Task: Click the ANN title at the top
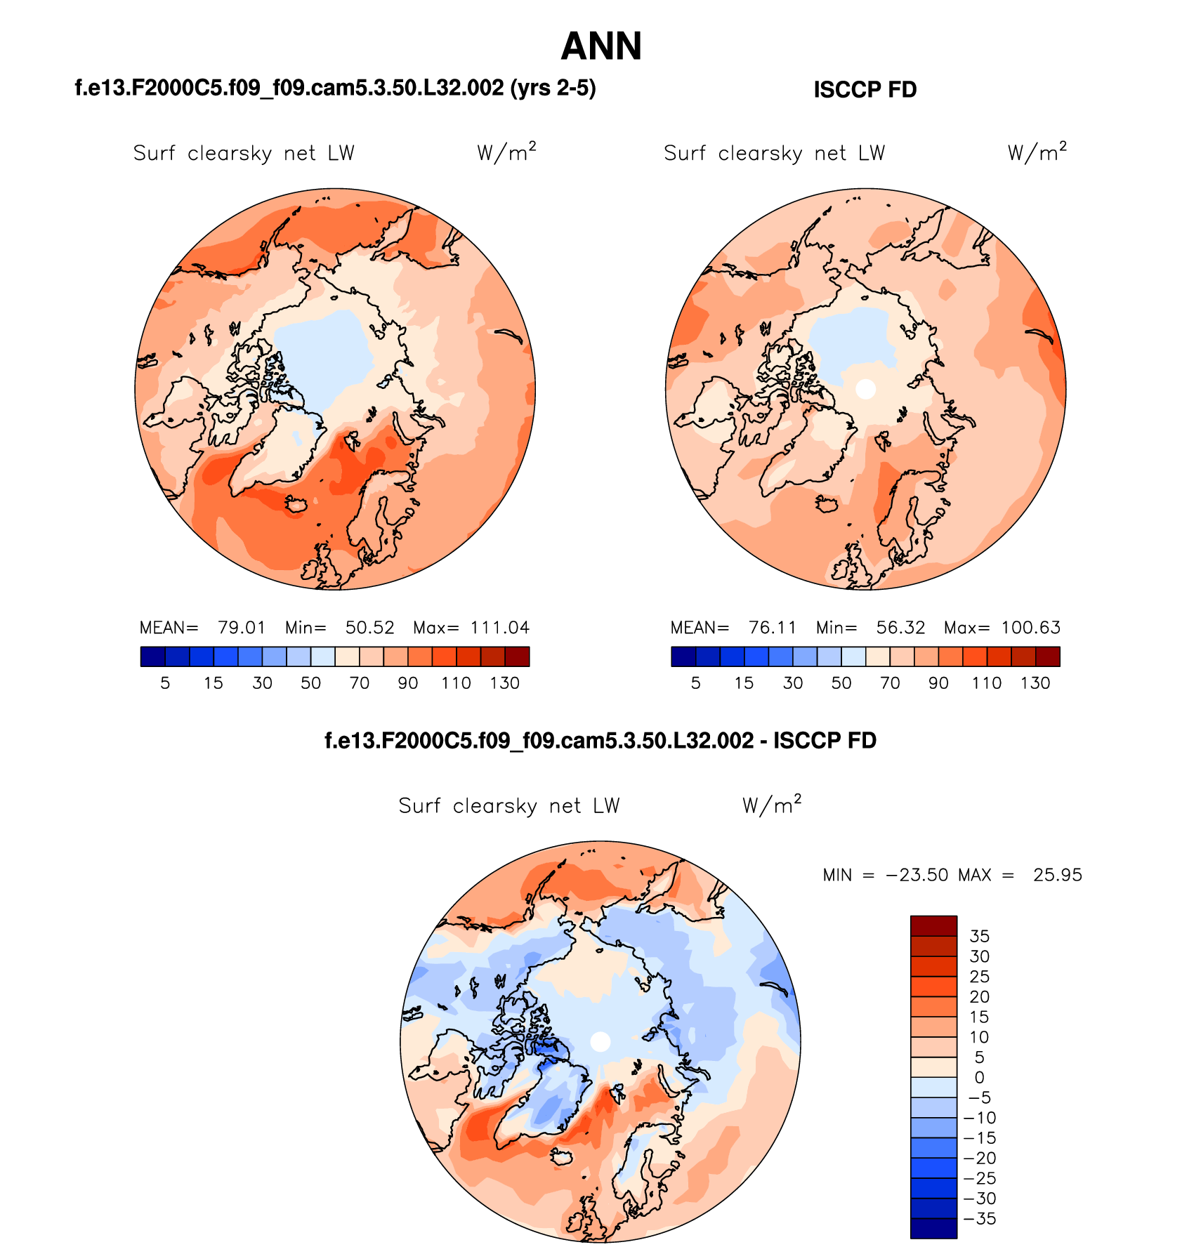[601, 47]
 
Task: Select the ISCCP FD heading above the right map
[865, 90]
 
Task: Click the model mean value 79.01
[242, 628]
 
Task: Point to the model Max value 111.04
[499, 628]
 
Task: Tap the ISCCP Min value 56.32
[900, 628]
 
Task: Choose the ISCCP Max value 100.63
[1030, 628]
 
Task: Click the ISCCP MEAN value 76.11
[773, 628]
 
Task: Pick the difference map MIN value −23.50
[917, 876]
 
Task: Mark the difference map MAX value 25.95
[1057, 876]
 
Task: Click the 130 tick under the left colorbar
[504, 683]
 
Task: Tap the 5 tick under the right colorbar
[695, 683]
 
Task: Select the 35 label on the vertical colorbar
[979, 936]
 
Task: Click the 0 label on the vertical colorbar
[979, 1078]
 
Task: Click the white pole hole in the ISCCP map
[866, 388]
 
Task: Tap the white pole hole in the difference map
[600, 1042]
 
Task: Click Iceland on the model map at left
[296, 504]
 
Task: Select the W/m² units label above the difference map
[771, 805]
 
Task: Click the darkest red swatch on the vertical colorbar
[933, 926]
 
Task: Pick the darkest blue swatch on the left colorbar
[152, 657]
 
